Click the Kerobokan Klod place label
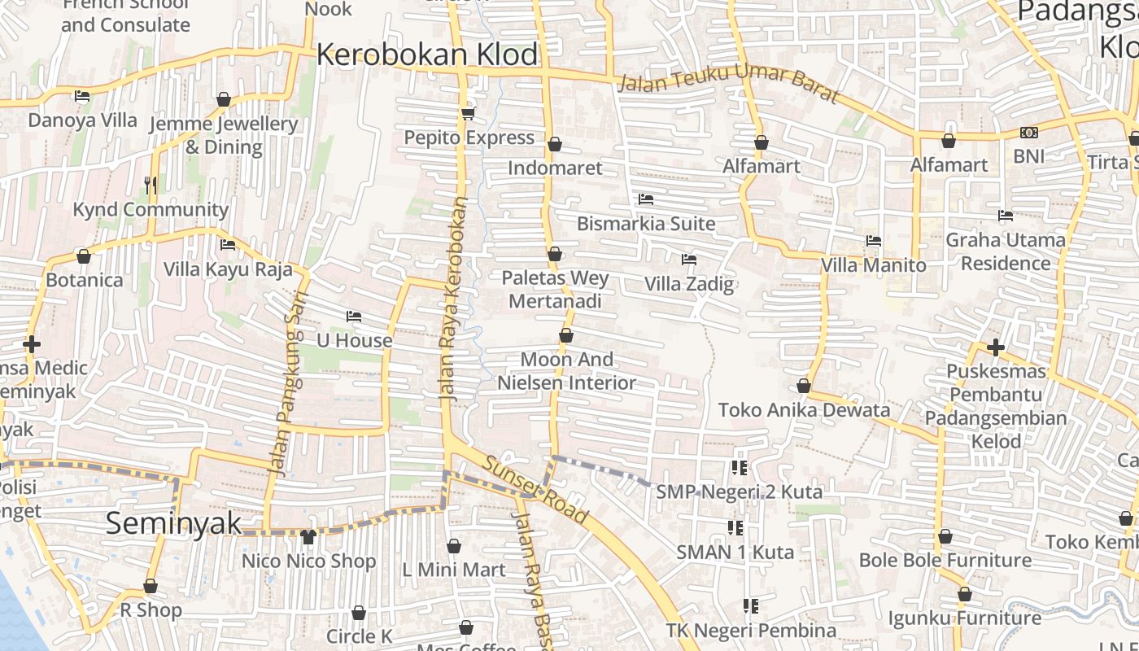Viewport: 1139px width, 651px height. coord(427,55)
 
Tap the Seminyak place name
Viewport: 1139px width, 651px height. coord(173,523)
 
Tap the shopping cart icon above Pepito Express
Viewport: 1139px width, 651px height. coord(468,113)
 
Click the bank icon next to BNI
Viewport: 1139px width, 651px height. coord(1028,133)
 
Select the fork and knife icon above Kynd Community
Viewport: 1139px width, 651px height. coord(150,186)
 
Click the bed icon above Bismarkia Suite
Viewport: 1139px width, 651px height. coord(646,199)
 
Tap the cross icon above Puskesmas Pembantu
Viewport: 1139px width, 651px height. coord(995,347)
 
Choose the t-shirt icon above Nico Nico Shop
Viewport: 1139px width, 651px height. coord(308,536)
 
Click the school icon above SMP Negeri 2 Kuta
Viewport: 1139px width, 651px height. coord(739,467)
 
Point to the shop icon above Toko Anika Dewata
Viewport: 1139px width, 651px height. coord(804,386)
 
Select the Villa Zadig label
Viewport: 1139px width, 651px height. coord(689,284)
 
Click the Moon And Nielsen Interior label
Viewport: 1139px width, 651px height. coord(567,371)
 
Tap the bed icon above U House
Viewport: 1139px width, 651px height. coord(354,316)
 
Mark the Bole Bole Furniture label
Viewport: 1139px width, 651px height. coord(945,560)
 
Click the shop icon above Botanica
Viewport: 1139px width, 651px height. coord(84,256)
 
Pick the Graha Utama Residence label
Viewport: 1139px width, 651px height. coord(1006,251)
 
